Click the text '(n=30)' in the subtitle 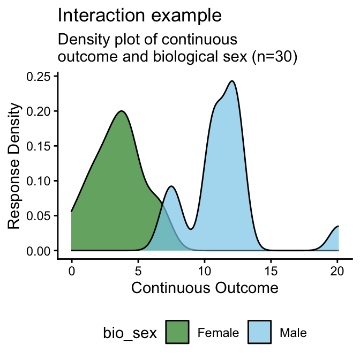tap(270, 57)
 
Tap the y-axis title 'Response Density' tap(16, 167)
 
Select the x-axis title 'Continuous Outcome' tap(205, 288)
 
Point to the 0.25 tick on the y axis tap(40, 76)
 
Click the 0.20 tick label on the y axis tap(40, 111)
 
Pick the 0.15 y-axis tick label tap(40, 146)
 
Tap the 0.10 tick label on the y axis tap(40, 181)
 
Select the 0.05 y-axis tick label tap(40, 215)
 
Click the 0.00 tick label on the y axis tap(40, 251)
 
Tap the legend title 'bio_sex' tap(130, 333)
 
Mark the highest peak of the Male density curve tap(231, 81)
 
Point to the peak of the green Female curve tap(122, 111)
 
